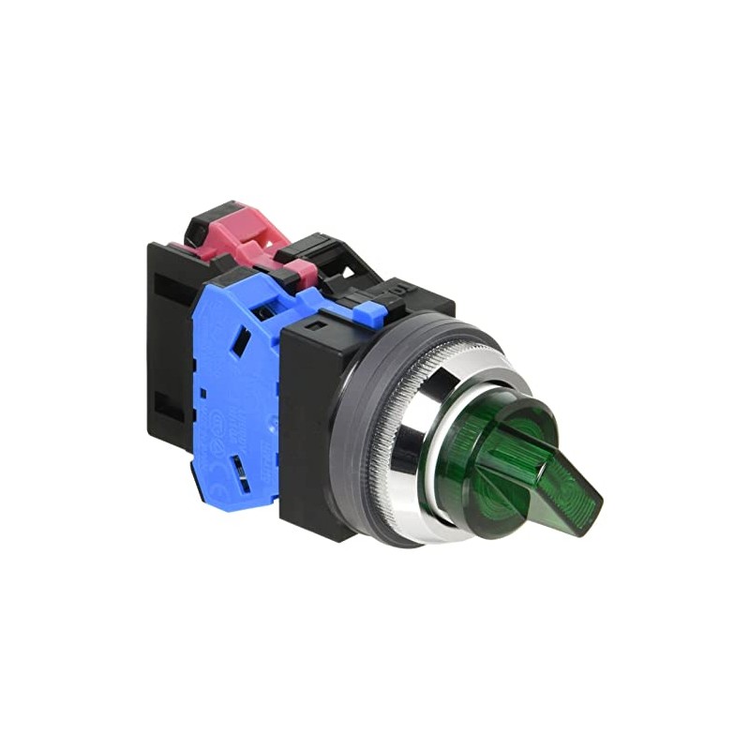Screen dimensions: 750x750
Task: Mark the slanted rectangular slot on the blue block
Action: [241, 342]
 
